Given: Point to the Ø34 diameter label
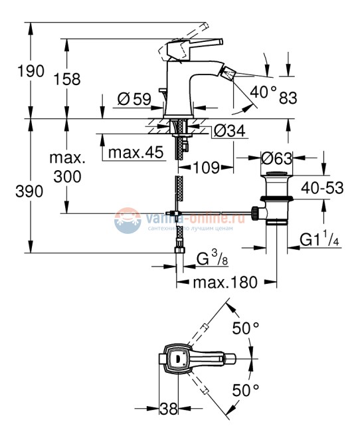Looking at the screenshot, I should click(229, 132).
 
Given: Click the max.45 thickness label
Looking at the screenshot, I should click(136, 153).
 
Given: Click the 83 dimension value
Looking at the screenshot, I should click(288, 98).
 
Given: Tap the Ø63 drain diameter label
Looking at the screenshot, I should click(277, 160).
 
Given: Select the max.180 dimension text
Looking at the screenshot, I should click(225, 282).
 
